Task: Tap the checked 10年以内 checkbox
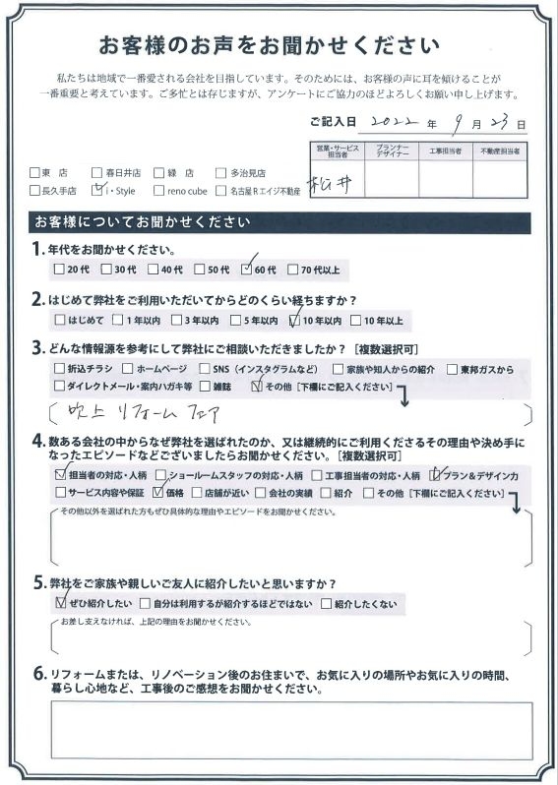[x=294, y=320]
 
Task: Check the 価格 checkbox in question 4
[x=158, y=492]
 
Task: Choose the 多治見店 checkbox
[x=221, y=171]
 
